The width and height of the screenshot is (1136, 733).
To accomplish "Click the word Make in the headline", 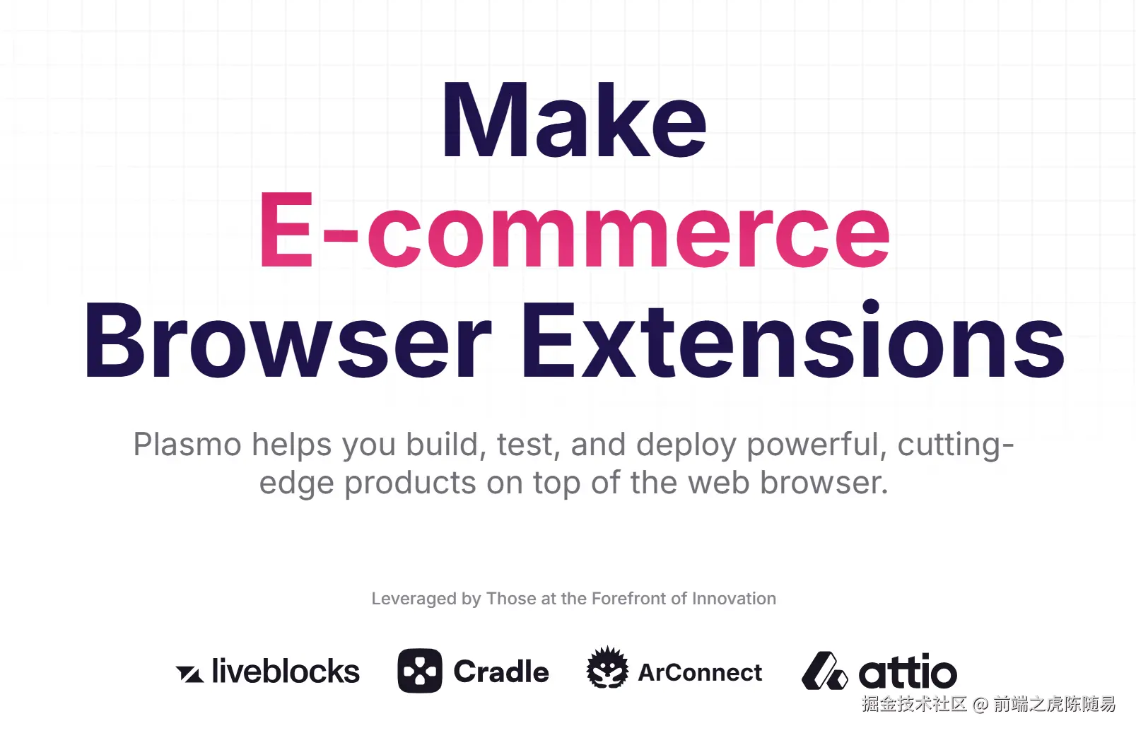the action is tap(574, 119).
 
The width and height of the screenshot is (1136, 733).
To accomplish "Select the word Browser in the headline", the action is tap(288, 340).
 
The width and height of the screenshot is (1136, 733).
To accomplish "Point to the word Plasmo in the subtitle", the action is tap(187, 445).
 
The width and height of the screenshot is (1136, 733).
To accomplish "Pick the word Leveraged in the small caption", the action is tap(414, 599).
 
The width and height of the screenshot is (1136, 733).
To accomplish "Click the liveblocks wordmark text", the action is tap(286, 671).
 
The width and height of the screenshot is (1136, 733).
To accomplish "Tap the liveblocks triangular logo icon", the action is tap(189, 674).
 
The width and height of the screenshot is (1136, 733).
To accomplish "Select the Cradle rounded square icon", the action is tap(420, 671).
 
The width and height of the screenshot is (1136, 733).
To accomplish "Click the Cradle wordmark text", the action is tap(501, 672).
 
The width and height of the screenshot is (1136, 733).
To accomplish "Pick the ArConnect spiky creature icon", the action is tap(607, 667).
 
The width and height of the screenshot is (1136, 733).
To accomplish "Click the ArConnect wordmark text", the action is tap(700, 673).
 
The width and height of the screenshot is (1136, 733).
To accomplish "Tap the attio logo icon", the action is tap(825, 671).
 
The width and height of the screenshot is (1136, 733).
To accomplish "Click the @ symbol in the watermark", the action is tap(980, 704).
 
